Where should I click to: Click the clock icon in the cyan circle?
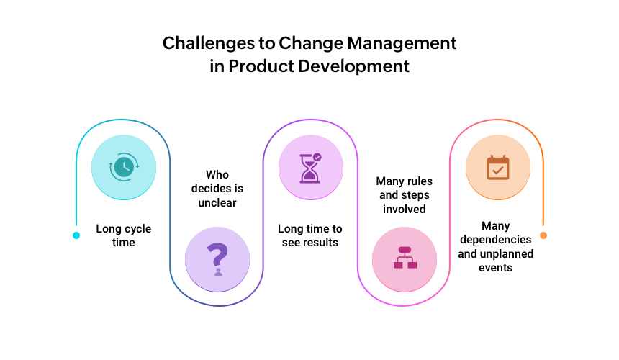[124, 167]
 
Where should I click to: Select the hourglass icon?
[310, 168]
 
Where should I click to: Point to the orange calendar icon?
[498, 168]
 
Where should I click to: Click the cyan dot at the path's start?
[76, 235]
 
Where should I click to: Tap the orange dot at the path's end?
[543, 235]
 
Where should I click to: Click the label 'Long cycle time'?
[124, 235]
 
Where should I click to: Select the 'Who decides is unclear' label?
[217, 189]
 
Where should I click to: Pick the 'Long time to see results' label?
[310, 235]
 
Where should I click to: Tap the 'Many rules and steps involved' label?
[405, 195]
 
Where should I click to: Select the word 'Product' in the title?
[261, 66]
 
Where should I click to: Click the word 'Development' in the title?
[353, 67]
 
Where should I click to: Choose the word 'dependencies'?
[495, 240]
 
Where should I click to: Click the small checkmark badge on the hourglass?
[317, 157]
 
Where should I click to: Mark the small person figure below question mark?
[218, 271]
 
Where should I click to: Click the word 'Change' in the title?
[311, 43]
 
